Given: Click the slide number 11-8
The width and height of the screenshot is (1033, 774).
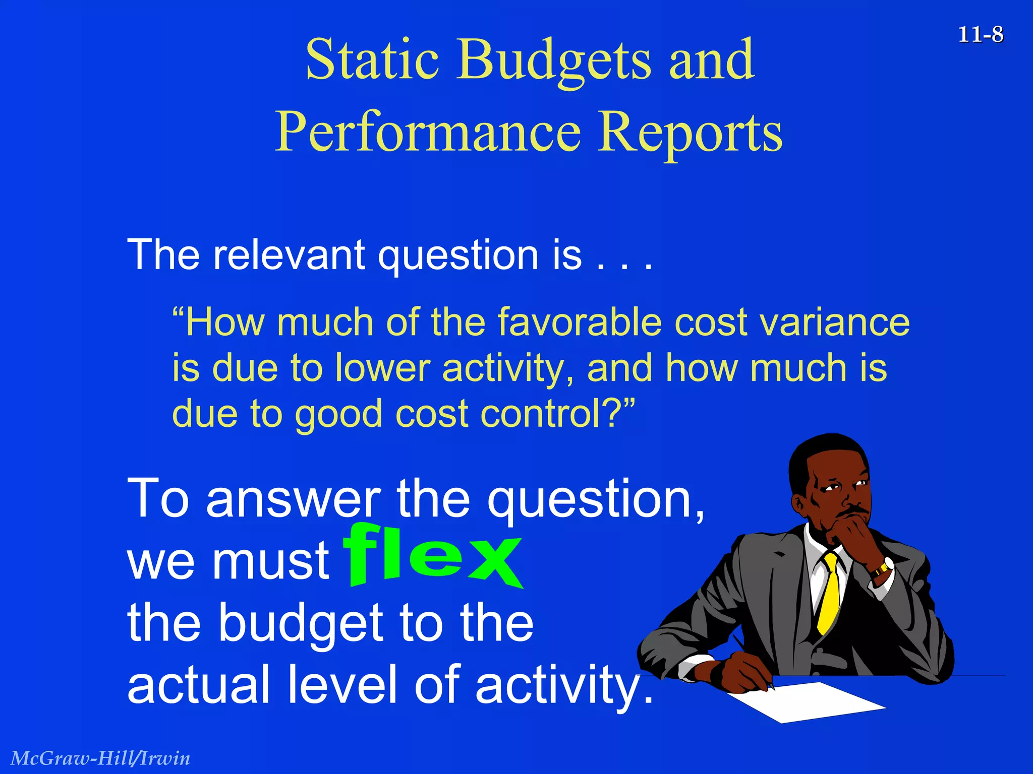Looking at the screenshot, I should (x=980, y=35).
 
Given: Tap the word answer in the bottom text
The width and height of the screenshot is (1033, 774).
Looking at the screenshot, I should (x=293, y=499).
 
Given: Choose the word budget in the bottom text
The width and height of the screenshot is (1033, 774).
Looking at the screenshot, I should (x=302, y=625).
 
